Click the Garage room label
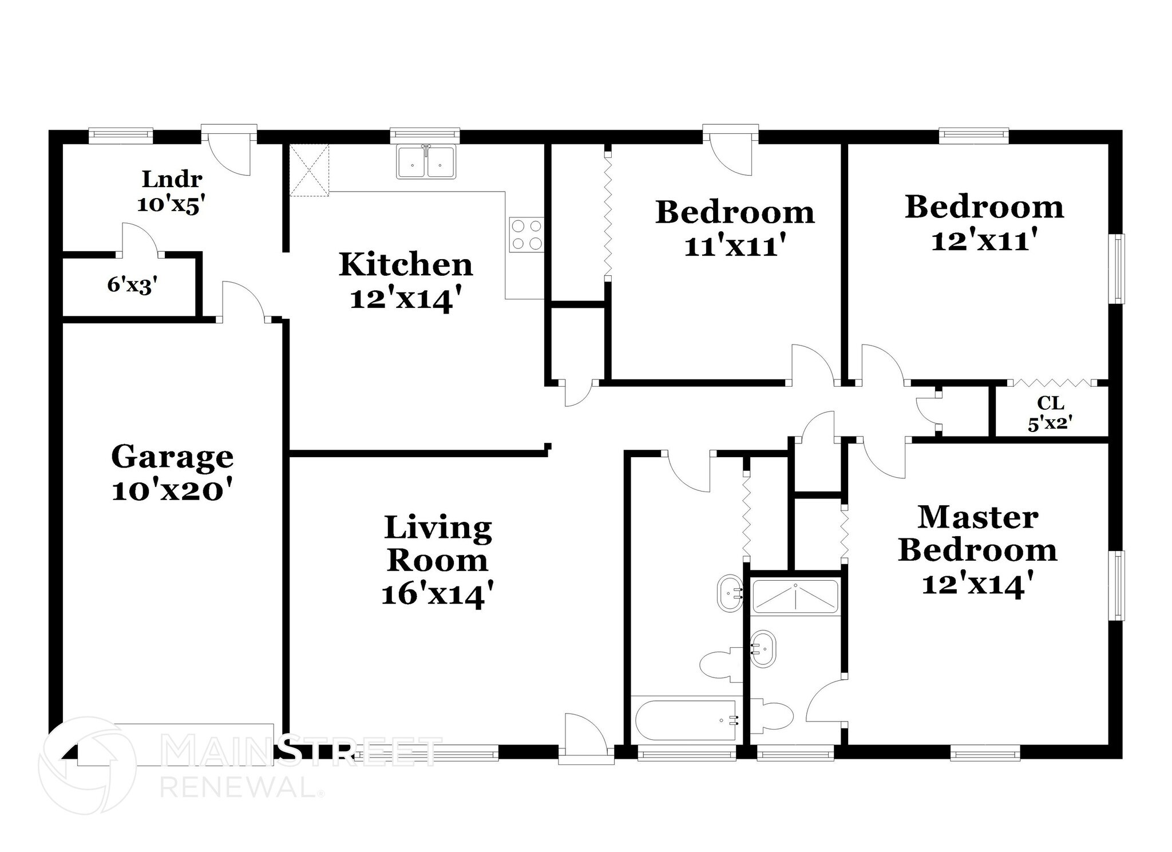(x=172, y=457)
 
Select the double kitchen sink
(x=426, y=163)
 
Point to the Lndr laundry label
(x=172, y=179)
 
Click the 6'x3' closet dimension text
(x=132, y=285)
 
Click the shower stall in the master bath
(x=795, y=596)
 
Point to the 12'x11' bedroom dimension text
(x=984, y=241)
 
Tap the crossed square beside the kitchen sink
(x=310, y=171)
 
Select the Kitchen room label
(x=406, y=264)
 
